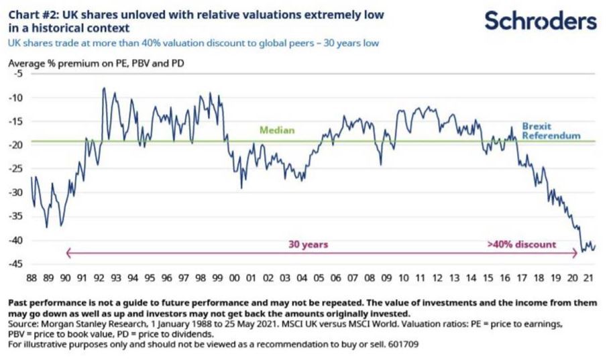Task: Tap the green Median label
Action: click(x=277, y=130)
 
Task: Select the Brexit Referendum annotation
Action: click(x=551, y=131)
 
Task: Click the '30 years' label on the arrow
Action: click(x=308, y=245)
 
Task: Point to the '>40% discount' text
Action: click(x=521, y=245)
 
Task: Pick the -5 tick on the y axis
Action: click(x=17, y=74)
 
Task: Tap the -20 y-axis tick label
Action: click(x=15, y=145)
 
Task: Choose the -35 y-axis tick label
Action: click(x=15, y=217)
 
